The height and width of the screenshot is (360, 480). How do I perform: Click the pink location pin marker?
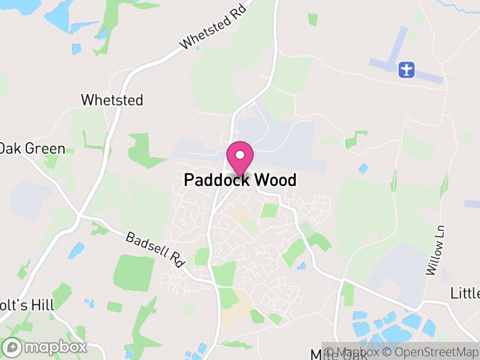point(240,158)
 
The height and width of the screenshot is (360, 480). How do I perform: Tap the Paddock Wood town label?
point(240,179)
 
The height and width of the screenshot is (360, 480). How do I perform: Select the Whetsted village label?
point(112,100)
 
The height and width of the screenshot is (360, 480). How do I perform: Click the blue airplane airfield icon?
point(407,68)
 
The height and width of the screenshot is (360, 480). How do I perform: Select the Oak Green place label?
point(32,149)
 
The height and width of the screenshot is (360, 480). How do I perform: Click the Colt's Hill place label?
point(27,305)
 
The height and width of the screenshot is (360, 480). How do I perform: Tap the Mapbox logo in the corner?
point(46,347)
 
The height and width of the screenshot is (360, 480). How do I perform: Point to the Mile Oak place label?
point(330,354)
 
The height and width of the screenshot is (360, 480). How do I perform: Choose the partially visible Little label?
point(465,293)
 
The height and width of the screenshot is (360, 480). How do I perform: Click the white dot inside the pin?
point(240,155)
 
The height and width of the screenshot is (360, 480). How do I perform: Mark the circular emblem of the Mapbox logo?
point(13,347)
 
